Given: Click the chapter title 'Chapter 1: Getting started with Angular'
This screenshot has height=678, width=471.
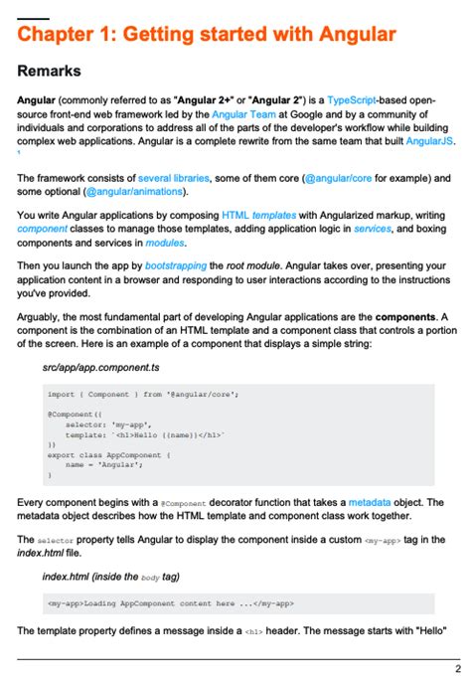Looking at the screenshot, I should pos(207,35).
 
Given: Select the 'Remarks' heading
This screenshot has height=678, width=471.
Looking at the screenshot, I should pos(49,72).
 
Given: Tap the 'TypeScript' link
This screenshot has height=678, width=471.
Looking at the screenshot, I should pos(362,100).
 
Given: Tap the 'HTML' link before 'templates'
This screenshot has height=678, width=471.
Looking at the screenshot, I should pos(235,214).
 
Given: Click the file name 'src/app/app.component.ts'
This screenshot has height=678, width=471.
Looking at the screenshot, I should pos(102,367).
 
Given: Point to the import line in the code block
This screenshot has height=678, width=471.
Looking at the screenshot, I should pos(142,394).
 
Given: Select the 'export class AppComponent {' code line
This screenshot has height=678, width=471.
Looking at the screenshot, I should pos(109,454).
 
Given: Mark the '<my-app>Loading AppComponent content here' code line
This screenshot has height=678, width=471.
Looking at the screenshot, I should pos(169,602).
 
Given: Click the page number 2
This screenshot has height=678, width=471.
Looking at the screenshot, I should pos(457,668).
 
